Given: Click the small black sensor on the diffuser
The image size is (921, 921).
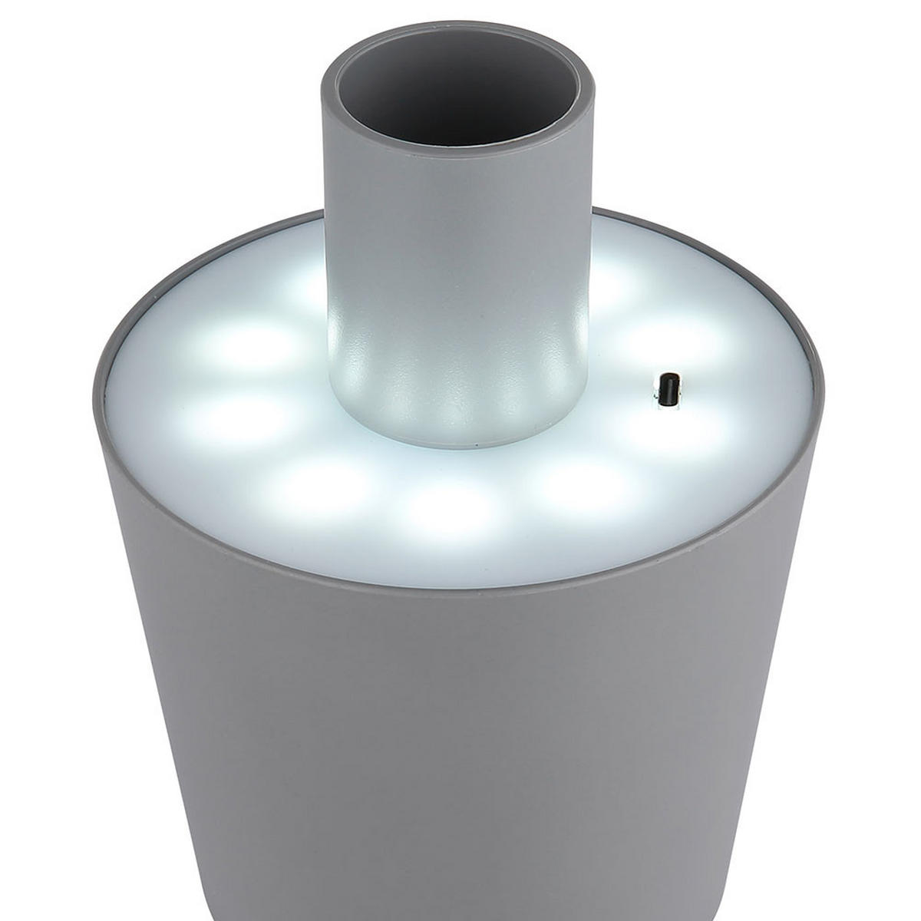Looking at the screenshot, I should pos(668,389).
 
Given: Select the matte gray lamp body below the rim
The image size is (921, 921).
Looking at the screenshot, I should pos(460,729).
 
